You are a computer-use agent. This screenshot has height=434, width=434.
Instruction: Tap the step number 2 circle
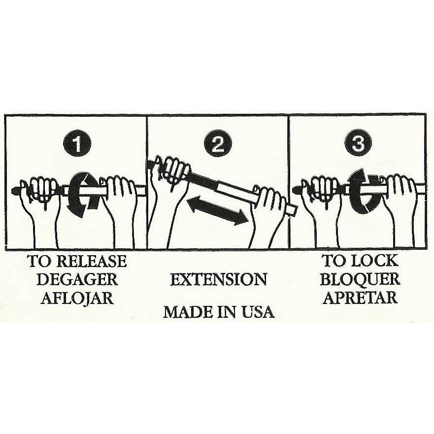[x=218, y=144]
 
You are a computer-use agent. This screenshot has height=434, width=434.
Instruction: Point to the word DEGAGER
[x=77, y=279]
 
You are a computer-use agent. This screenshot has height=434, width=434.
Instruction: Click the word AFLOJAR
[x=77, y=299]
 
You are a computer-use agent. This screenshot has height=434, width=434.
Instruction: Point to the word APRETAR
[x=361, y=298]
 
